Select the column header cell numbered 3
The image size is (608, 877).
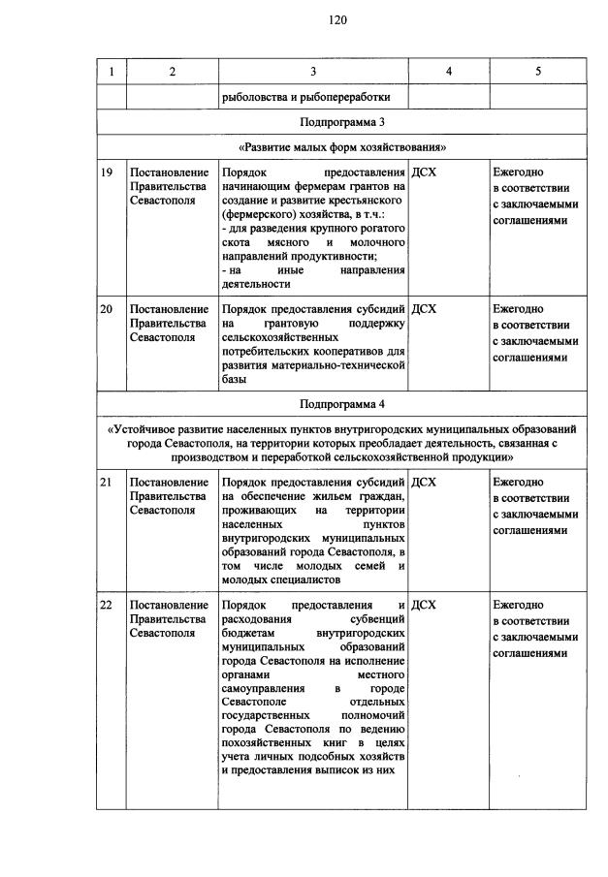[313, 72]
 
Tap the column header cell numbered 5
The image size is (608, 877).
[537, 72]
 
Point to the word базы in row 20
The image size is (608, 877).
[233, 381]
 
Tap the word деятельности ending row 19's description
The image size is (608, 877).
[255, 286]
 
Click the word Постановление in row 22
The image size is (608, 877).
[169, 605]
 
